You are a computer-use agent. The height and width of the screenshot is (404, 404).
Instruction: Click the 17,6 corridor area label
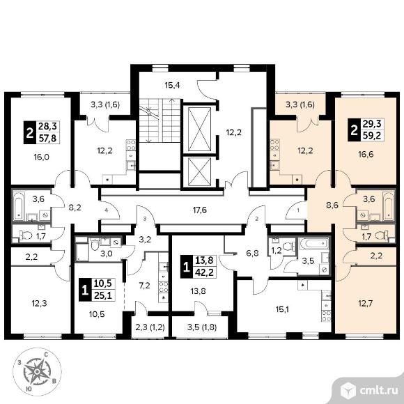point(200,210)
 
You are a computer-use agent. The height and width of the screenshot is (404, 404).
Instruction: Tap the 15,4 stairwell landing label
point(172,85)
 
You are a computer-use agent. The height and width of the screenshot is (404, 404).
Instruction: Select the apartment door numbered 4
point(110,210)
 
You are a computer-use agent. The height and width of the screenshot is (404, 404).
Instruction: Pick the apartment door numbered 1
point(296,210)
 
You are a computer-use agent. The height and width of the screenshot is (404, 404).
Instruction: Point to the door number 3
point(145,219)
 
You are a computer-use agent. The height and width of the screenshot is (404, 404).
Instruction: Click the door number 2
point(256,219)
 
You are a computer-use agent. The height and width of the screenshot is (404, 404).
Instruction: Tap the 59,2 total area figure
point(371,135)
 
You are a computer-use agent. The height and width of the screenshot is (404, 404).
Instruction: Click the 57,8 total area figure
point(47,139)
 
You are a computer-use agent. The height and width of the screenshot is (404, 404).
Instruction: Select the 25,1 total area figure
point(103,295)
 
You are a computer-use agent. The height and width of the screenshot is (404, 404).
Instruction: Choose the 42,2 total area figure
point(204,272)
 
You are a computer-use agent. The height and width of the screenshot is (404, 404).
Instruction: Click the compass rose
point(37,371)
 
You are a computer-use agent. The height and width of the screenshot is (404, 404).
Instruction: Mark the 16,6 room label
point(366,155)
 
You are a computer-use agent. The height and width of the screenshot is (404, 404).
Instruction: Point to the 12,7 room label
point(366,303)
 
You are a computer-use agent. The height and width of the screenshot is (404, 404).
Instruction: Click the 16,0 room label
point(42,157)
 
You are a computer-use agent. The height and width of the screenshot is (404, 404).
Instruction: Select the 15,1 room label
point(281,309)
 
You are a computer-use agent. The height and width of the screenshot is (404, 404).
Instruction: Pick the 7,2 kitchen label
point(144,286)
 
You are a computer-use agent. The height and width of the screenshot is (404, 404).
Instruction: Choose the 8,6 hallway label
point(332,205)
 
